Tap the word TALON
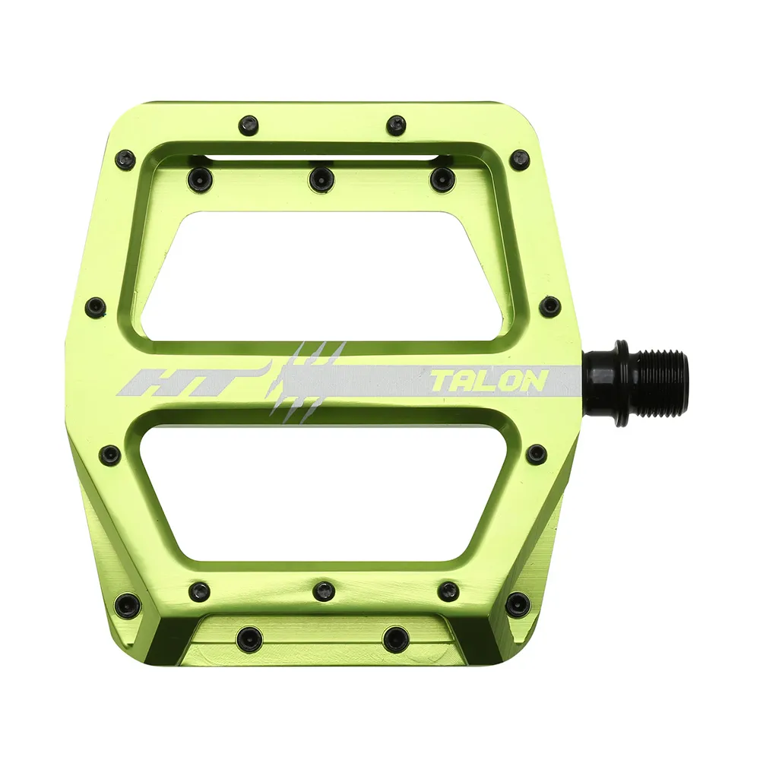pyautogui.click(x=488, y=380)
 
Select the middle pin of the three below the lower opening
pyautogui.click(x=325, y=591)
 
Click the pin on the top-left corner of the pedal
pyautogui.click(x=125, y=160)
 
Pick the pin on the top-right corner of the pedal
pyautogui.click(x=520, y=160)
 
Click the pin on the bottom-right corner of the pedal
pyautogui.click(x=518, y=604)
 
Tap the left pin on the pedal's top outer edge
pyautogui.click(x=248, y=125)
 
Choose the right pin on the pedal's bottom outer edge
pyautogui.click(x=395, y=638)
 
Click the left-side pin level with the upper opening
pyautogui.click(x=96, y=307)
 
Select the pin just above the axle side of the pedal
pyautogui.click(x=549, y=306)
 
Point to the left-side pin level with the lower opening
pyautogui.click(x=111, y=454)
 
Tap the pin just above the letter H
pyautogui.click(x=96, y=307)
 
